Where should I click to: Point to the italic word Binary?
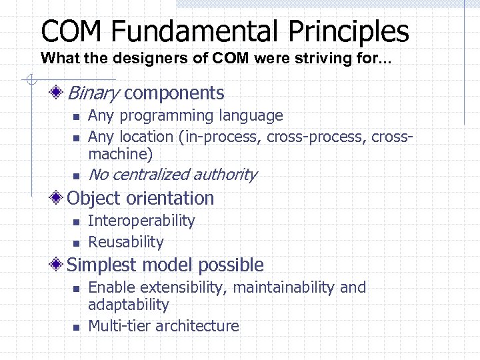pos(93,93)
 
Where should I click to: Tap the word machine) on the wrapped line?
pos(120,154)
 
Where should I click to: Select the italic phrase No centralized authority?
pos(172,175)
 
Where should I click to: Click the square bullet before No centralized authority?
pos(76,176)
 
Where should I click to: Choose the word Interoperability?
pos(141,221)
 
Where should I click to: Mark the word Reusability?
pos(125,242)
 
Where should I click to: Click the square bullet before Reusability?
pos(76,243)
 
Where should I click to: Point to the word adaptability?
pos(129,305)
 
